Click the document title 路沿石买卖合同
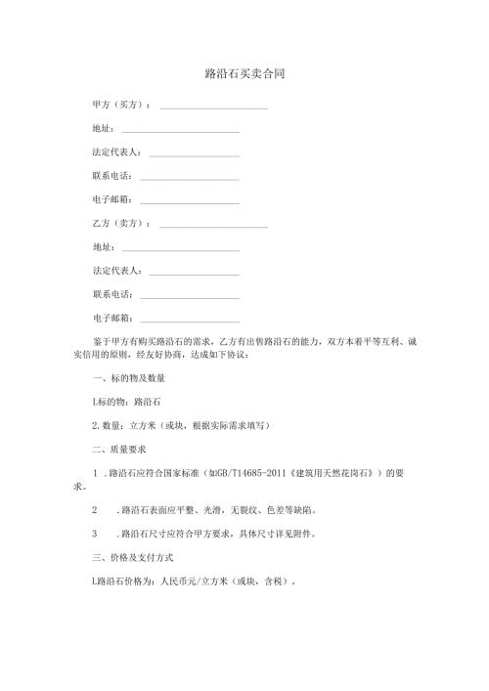244,73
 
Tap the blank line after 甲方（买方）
213,107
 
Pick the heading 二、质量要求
118,450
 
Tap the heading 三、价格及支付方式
132,557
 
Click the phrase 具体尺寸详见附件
290,535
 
